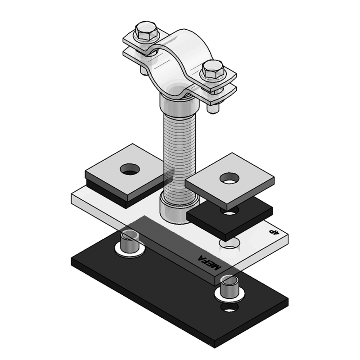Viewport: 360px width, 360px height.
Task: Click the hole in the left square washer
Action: point(130,169)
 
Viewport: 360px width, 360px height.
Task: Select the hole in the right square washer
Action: point(229,178)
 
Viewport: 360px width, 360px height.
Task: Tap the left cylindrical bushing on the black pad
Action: point(130,243)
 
